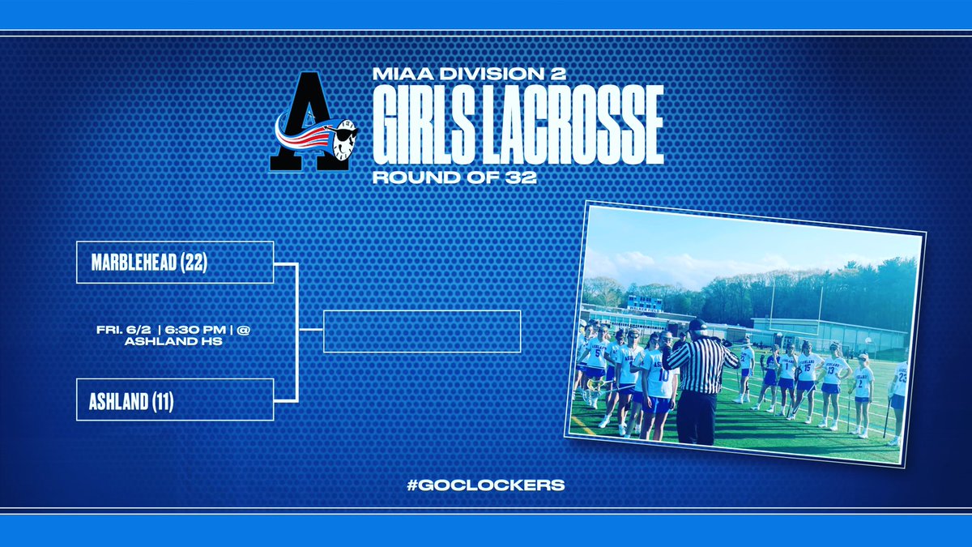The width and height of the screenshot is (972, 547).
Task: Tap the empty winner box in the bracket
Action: [x=421, y=331]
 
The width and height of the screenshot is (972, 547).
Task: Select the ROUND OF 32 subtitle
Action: [x=454, y=177]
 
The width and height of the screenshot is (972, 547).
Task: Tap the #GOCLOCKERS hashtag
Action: [x=485, y=485]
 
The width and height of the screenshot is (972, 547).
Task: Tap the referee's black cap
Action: [x=696, y=324]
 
